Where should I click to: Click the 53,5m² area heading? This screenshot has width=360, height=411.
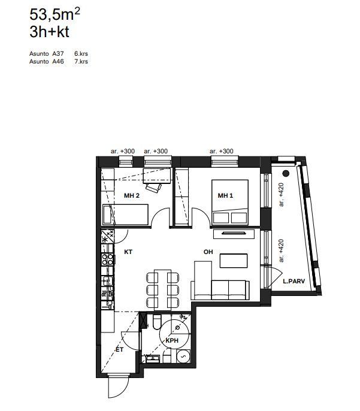pos(55,14)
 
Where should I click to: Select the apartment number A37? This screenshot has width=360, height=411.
pos(58,54)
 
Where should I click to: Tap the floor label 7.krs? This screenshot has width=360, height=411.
pos(81,62)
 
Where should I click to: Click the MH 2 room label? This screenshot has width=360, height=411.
pos(132,195)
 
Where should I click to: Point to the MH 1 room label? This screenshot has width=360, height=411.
pos(225,195)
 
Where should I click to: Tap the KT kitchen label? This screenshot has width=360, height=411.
pos(128,252)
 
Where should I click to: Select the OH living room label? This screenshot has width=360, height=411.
pos(208,252)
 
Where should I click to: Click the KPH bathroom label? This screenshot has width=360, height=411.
pos(172,340)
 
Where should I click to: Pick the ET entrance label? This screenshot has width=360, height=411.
pos(119,349)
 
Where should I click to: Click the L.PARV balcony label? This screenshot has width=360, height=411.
pos(294,281)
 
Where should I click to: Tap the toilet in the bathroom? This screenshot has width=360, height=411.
pos(157,322)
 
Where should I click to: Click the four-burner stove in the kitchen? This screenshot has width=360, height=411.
pos(108,259)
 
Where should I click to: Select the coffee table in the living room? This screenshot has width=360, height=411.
pos(234,261)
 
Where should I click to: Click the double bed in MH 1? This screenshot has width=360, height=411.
pos(230,202)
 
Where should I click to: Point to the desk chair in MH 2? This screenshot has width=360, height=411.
pos(153,188)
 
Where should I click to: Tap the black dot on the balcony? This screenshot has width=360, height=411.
pos(286,173)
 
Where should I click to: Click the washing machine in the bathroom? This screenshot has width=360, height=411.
pos(183,356)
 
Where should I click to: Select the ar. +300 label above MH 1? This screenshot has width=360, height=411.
pos(222,151)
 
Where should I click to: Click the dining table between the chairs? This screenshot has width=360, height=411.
pos(162,289)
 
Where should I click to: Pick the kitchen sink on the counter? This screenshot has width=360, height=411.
pos(107,281)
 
